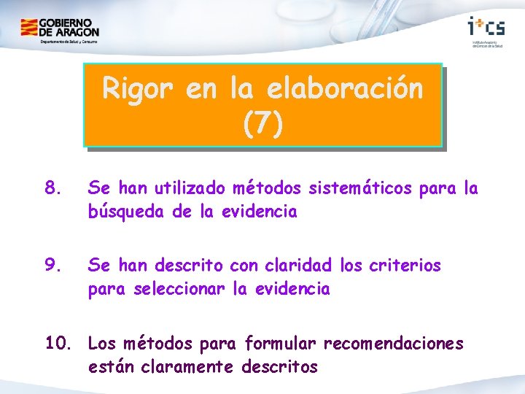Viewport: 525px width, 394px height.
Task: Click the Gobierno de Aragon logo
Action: [x=59, y=30]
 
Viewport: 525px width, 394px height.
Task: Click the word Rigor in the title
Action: [x=139, y=89]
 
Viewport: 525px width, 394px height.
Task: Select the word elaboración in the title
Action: [x=345, y=89]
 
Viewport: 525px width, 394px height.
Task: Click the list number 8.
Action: [x=52, y=188]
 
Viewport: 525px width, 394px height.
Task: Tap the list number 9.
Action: [x=52, y=266]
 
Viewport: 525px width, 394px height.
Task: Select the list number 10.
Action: [x=60, y=343]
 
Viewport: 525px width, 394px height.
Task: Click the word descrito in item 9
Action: [x=190, y=266]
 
